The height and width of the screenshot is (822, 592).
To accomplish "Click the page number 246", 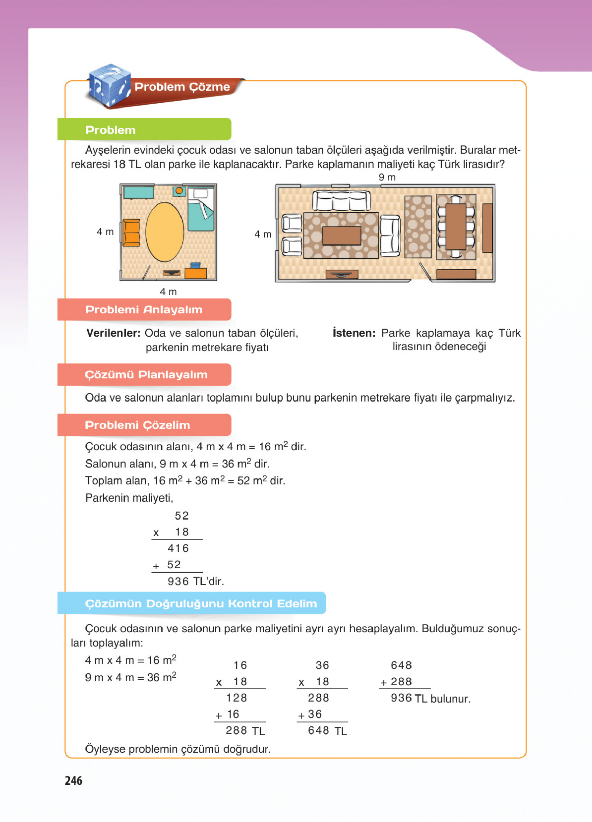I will [x=74, y=780].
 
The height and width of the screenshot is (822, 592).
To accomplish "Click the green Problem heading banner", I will [x=144, y=130].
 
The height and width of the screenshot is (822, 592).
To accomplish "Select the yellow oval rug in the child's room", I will [x=165, y=232].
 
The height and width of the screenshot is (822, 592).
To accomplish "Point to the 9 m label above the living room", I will [x=387, y=177].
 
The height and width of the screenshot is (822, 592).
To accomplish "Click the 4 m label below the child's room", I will [x=168, y=291].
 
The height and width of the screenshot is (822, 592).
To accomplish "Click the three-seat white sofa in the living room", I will [x=342, y=200].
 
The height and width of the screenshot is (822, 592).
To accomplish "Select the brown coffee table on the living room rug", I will [x=342, y=236].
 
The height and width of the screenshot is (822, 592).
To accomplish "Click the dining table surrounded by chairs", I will [x=456, y=227].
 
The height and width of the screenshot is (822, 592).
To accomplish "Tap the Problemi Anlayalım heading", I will [x=144, y=310].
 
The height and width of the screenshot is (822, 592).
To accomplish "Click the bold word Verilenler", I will [x=113, y=333].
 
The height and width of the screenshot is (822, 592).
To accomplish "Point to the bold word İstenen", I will [x=354, y=333].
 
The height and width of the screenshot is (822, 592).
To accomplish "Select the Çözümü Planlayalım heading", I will [x=146, y=374].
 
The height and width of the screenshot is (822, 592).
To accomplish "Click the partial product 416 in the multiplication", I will [x=178, y=548].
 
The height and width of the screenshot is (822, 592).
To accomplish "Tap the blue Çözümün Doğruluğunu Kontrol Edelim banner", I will [x=200, y=604].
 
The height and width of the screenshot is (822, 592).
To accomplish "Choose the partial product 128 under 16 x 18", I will [x=236, y=698].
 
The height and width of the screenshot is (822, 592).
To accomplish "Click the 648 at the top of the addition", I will [x=401, y=665].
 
